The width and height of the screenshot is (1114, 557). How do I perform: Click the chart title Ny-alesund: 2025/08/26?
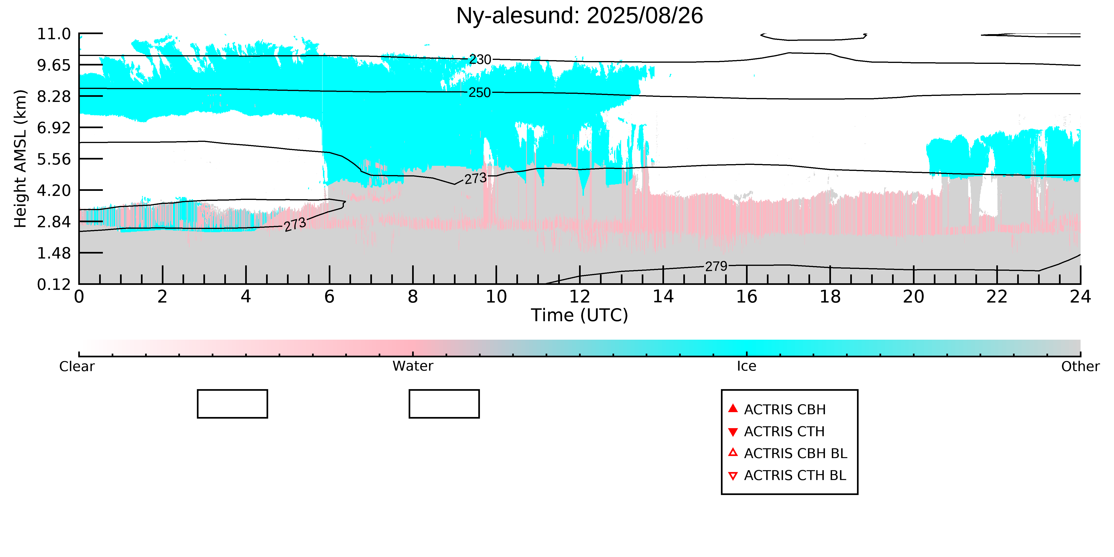[x=580, y=16]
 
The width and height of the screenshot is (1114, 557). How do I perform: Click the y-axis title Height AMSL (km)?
[x=20, y=159]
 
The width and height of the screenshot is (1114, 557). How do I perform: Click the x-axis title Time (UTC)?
[x=580, y=315]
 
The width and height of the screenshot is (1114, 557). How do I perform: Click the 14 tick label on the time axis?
[x=663, y=297]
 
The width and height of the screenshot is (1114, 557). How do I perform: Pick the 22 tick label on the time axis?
[x=997, y=297]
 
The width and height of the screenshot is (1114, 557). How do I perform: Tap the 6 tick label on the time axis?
[x=329, y=297]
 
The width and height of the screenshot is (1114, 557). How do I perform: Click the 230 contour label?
[x=480, y=59]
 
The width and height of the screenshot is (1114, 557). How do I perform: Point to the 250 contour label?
[x=480, y=93]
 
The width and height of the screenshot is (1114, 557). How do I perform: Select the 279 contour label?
[x=716, y=266]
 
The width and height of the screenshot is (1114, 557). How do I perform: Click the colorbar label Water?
[x=413, y=366]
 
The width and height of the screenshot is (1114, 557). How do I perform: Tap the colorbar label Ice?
[x=747, y=366]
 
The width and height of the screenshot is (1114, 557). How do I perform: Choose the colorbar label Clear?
[x=77, y=366]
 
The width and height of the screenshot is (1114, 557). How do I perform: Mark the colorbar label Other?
[x=1080, y=366]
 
